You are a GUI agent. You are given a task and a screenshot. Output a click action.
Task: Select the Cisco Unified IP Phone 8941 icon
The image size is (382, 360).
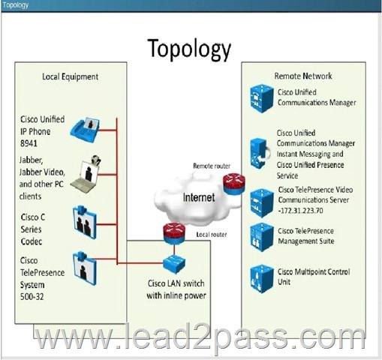(x=85, y=130)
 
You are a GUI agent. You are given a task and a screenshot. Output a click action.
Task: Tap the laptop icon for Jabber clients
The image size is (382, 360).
(x=86, y=174)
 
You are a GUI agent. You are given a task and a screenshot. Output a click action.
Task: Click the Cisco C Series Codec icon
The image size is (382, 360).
(x=85, y=222)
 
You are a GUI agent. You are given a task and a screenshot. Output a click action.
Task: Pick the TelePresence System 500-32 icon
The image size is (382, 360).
(x=85, y=268)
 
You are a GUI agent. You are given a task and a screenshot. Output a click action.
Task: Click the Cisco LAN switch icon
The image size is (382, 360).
(x=174, y=263)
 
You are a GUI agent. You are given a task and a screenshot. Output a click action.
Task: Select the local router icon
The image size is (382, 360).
(x=174, y=233)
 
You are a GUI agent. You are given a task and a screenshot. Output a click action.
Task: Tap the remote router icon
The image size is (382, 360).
(x=234, y=184)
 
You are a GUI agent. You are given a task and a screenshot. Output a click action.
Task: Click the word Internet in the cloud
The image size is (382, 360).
(x=199, y=197)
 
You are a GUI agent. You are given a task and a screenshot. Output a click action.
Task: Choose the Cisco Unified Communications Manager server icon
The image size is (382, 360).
(x=262, y=98)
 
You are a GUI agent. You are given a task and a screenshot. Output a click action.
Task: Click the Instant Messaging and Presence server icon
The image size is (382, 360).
(x=260, y=154)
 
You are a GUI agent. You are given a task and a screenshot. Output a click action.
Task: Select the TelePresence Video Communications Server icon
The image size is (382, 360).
(x=262, y=203)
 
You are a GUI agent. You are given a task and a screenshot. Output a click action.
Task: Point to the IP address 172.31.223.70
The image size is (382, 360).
(x=302, y=211)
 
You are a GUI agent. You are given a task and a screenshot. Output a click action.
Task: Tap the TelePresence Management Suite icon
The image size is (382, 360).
(x=262, y=237)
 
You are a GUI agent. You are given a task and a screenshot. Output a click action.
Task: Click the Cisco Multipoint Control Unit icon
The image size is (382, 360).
(x=262, y=279)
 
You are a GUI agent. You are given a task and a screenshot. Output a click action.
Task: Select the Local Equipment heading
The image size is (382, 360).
(x=71, y=76)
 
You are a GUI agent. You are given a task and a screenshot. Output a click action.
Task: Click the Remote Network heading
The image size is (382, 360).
(x=303, y=76)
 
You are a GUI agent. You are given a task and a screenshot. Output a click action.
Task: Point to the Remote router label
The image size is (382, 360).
(x=212, y=166)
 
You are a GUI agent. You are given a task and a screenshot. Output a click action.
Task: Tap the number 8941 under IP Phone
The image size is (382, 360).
(x=29, y=143)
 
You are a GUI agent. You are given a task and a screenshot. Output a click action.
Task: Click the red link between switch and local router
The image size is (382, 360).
(x=174, y=249)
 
